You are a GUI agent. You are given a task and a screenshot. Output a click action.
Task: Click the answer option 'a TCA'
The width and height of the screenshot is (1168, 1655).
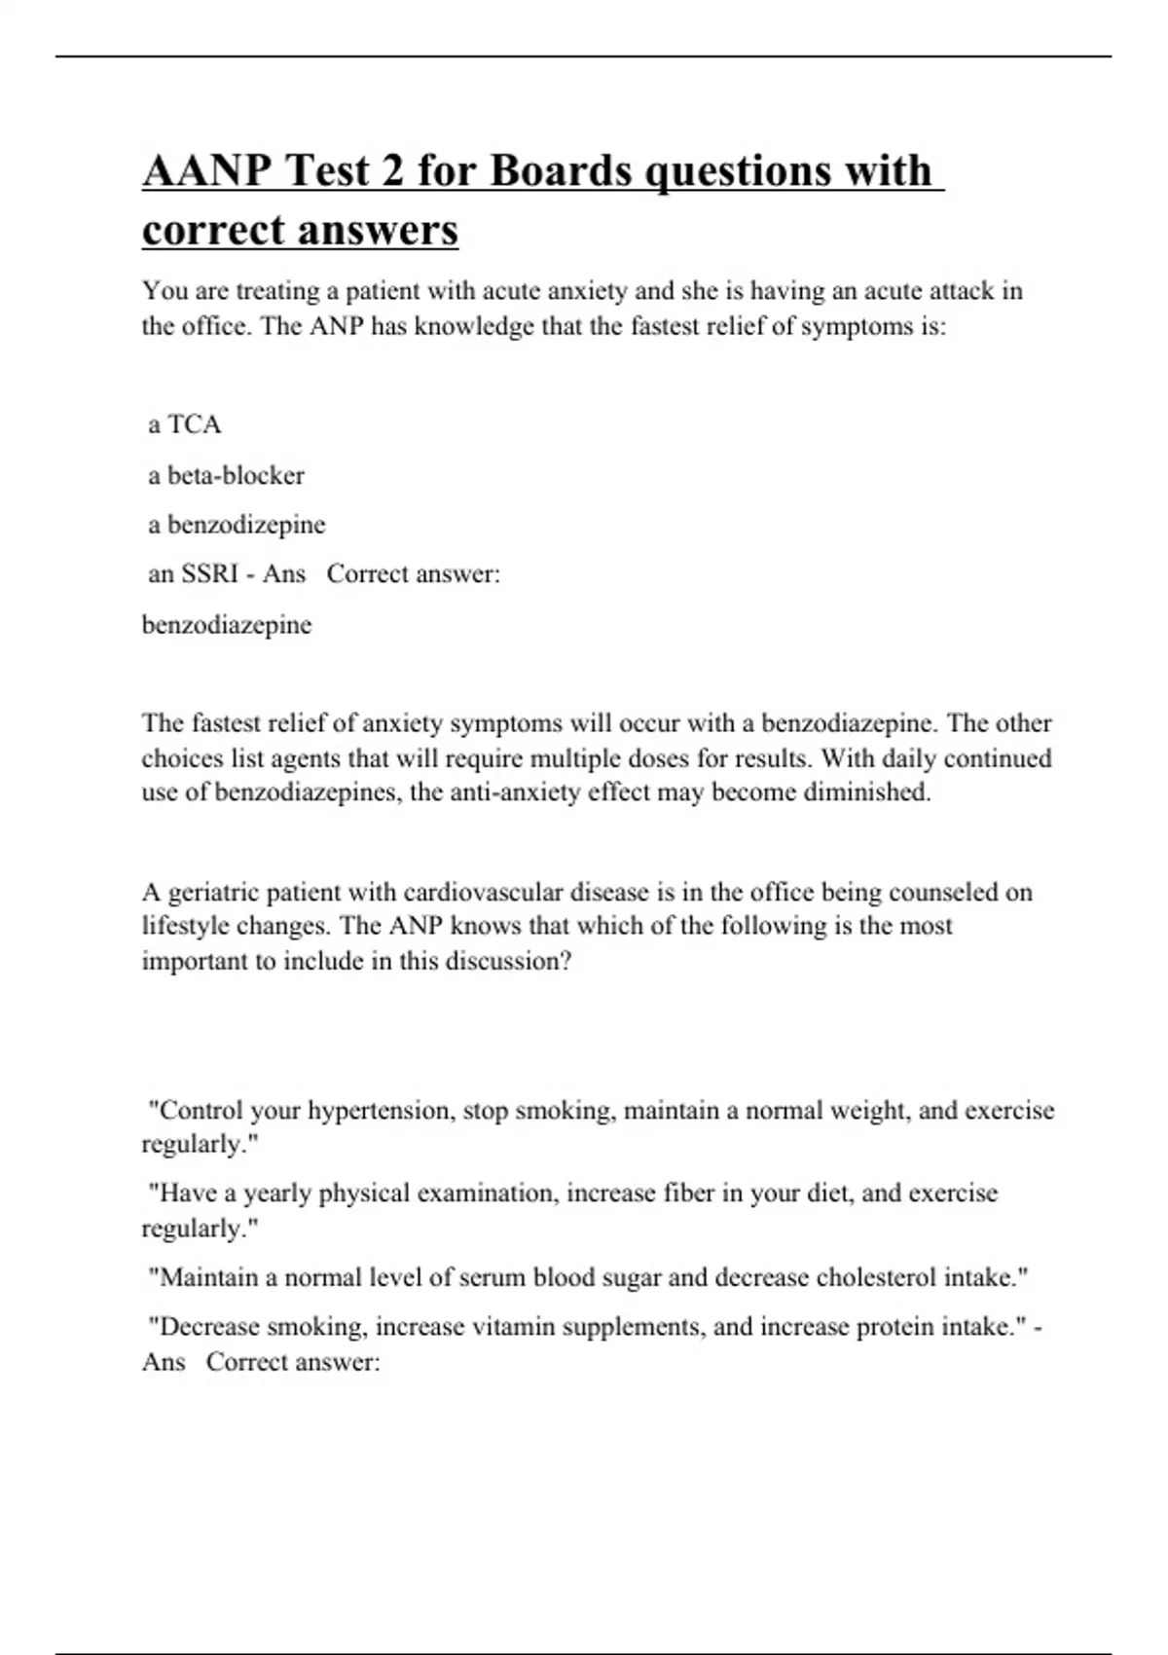[x=185, y=424]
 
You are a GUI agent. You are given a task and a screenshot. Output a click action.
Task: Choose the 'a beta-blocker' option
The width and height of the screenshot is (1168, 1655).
[x=226, y=475]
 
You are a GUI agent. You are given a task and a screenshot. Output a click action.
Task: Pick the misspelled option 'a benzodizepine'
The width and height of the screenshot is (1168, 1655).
[x=237, y=525]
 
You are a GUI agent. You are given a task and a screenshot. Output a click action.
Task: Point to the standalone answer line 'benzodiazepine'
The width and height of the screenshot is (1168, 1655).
[x=227, y=625]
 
